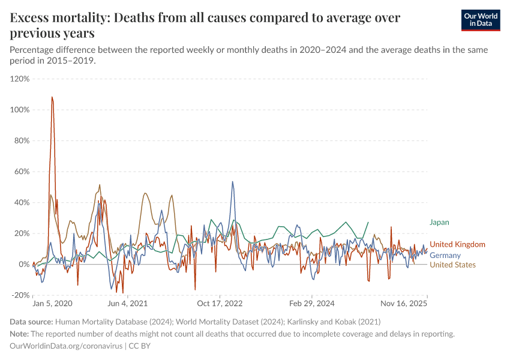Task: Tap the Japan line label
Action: tap(439, 222)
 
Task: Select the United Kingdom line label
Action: tap(457, 244)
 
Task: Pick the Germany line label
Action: tap(445, 255)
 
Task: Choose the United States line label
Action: tap(452, 265)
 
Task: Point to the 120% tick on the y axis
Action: tap(20, 79)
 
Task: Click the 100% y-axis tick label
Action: tap(20, 110)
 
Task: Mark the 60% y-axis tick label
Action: tap(22, 172)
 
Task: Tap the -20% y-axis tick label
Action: tap(20, 295)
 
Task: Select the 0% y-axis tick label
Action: tap(23, 264)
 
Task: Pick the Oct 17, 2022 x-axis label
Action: tap(221, 304)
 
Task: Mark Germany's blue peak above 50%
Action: tap(233, 182)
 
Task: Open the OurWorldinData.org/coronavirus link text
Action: tap(67, 346)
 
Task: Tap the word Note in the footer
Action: tap(19, 334)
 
